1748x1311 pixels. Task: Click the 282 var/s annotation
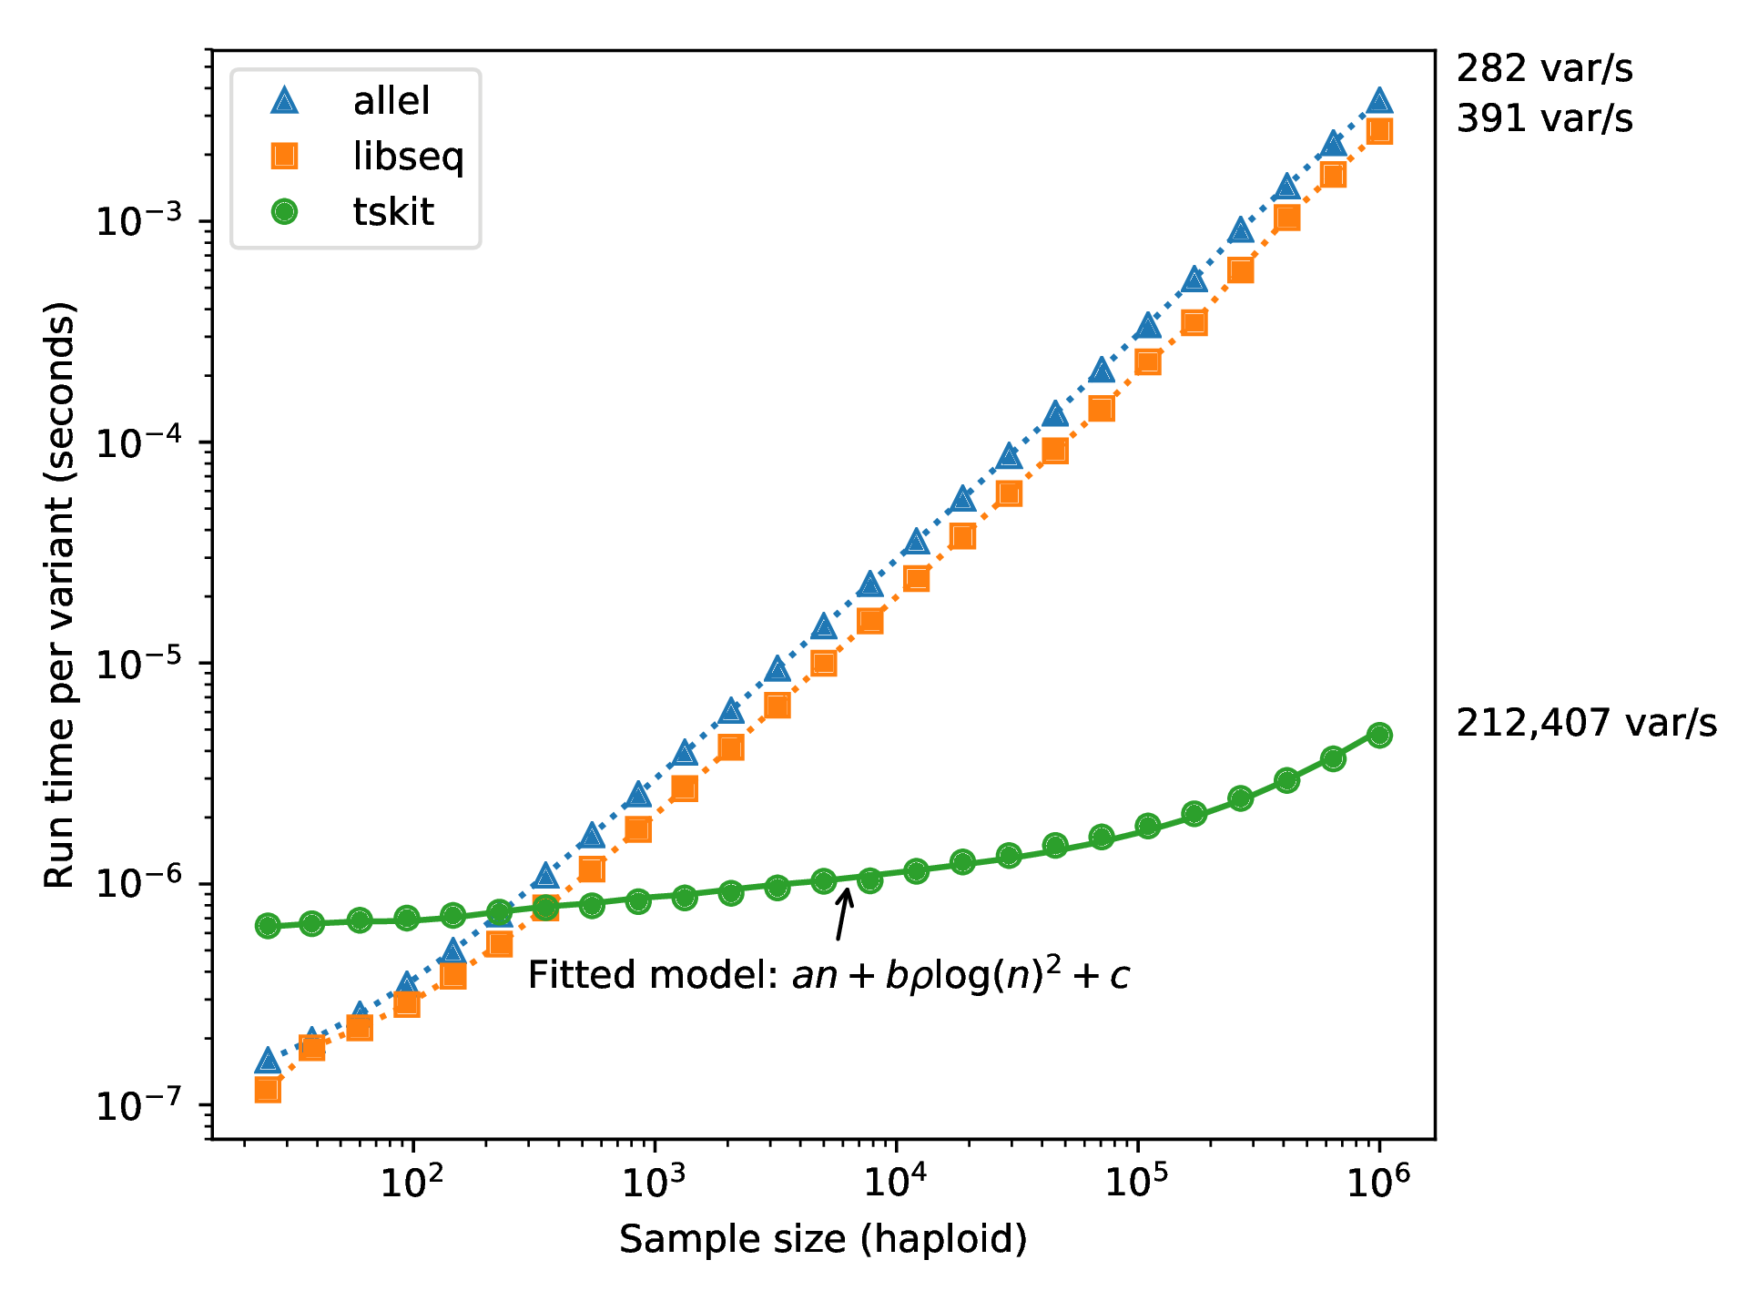pos(1544,69)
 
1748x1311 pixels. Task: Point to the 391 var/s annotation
pos(1544,118)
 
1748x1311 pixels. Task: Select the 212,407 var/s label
pos(1586,723)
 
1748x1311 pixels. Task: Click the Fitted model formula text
pos(828,975)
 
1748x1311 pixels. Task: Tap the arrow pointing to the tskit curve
pos(843,914)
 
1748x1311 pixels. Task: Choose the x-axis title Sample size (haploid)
pos(823,1239)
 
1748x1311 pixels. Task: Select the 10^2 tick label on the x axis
pos(412,1183)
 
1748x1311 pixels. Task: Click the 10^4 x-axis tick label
pos(896,1183)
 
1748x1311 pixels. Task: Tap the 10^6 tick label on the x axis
pos(1378,1183)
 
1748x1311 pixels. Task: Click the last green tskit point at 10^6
pos(1379,735)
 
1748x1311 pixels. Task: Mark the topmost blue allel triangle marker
pos(1379,100)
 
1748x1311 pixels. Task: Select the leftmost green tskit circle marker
pos(268,926)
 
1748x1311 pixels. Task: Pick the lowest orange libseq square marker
pos(268,1090)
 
